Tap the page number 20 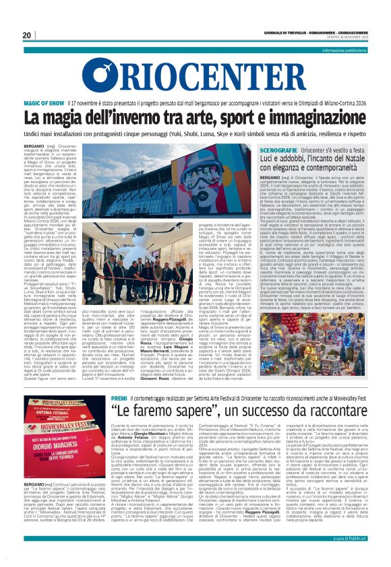(28, 35)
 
